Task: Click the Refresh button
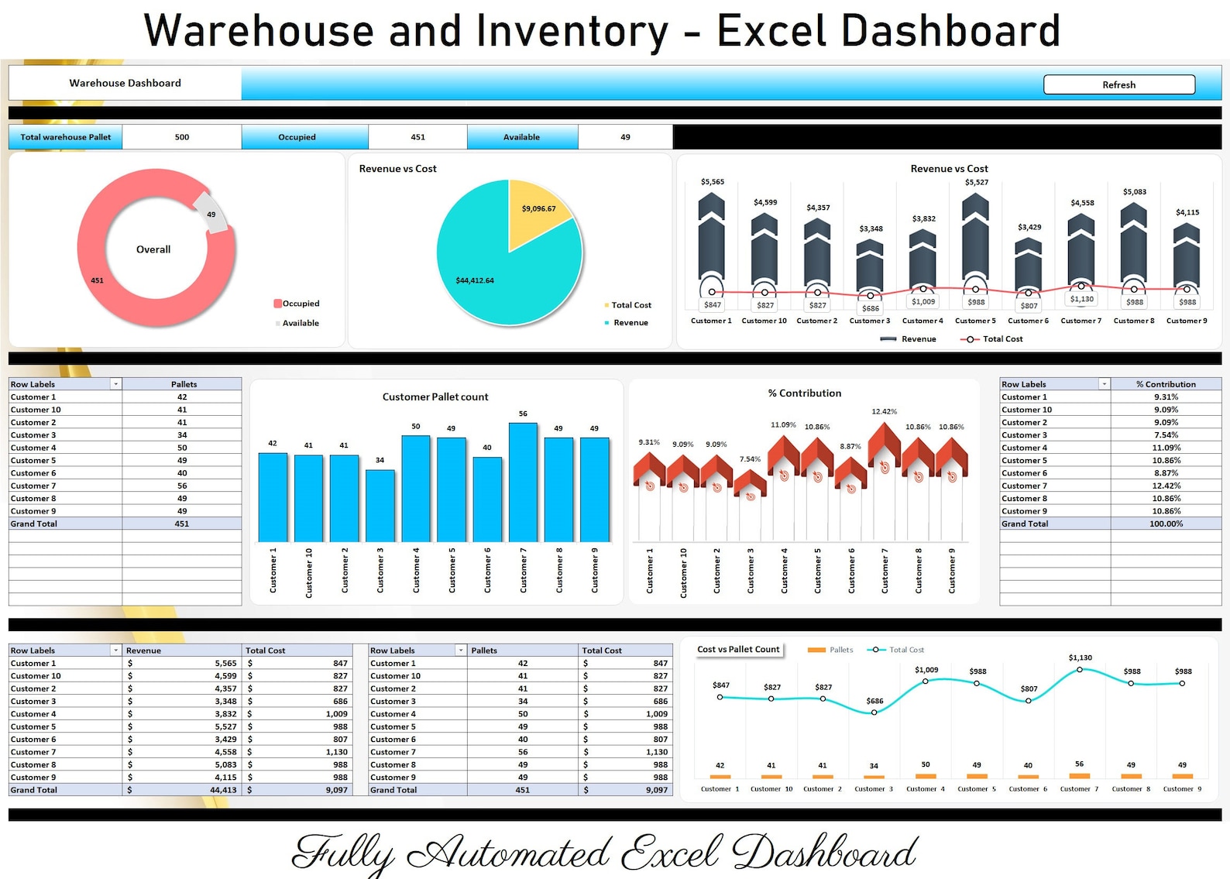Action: [x=1118, y=84]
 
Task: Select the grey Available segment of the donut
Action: [x=211, y=212]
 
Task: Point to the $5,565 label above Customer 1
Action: [x=712, y=182]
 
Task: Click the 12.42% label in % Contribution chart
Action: [x=884, y=412]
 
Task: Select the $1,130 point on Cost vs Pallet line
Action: [x=1080, y=670]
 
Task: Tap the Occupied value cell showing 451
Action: [x=417, y=137]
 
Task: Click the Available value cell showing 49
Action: [x=625, y=137]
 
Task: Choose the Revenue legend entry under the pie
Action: [x=630, y=323]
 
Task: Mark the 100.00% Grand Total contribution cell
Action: [x=1166, y=524]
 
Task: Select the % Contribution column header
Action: [x=1166, y=384]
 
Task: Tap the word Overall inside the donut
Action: [x=153, y=249]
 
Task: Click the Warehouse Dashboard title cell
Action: [x=125, y=83]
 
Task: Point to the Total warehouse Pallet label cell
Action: [x=66, y=137]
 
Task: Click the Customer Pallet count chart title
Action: [x=435, y=397]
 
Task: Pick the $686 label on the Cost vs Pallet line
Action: [x=874, y=701]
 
